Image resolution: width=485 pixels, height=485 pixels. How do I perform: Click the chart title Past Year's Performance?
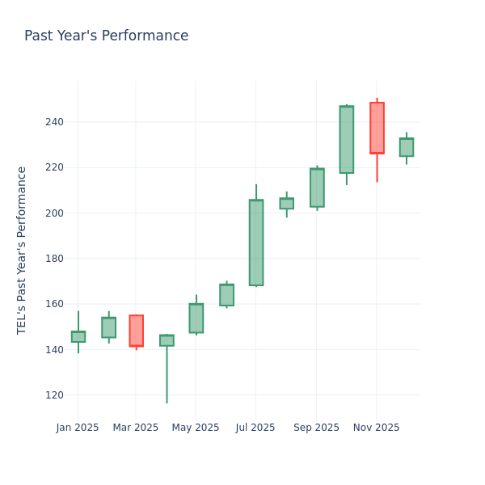[106, 36]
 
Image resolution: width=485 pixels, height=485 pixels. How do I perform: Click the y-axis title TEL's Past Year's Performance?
[22, 250]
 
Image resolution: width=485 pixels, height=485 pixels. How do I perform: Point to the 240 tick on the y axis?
[53, 122]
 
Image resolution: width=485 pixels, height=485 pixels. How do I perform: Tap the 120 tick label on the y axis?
[53, 395]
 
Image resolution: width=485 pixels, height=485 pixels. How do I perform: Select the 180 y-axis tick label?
[53, 259]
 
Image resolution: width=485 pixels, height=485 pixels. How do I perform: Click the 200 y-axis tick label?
[53, 213]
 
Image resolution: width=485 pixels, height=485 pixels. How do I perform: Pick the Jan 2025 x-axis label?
[78, 428]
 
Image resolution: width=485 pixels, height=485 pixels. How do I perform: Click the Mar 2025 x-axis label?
[136, 428]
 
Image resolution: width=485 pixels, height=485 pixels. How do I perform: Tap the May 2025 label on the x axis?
[196, 428]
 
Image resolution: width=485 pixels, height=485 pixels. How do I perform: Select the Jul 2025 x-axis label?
[255, 428]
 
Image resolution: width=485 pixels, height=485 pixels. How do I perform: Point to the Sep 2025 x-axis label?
[316, 428]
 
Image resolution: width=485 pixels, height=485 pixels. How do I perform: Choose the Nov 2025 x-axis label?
[376, 428]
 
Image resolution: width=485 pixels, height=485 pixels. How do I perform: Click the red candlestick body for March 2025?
[136, 331]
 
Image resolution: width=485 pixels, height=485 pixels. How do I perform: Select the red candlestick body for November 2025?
[377, 128]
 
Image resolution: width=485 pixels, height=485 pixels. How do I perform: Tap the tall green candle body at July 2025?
[256, 242]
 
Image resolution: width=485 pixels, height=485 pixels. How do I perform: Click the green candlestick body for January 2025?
[78, 336]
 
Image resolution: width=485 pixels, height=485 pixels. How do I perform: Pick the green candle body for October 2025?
[347, 139]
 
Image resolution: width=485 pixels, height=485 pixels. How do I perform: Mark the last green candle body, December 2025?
[407, 147]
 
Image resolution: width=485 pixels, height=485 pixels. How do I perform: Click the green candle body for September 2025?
[317, 188]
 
